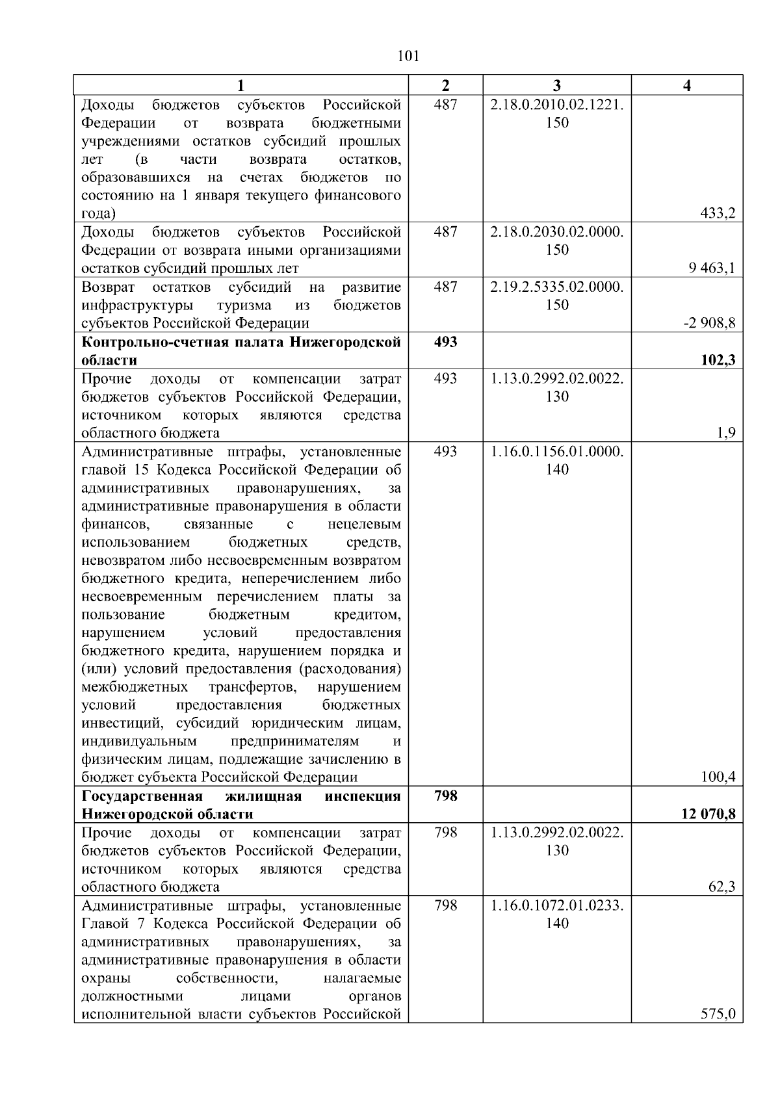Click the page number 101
pyautogui.click(x=408, y=57)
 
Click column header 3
pyautogui.click(x=557, y=85)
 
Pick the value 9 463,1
pyautogui.click(x=713, y=268)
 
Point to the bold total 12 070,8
pyautogui.click(x=708, y=814)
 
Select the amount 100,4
pyautogui.click(x=718, y=777)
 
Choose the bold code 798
pyautogui.click(x=445, y=796)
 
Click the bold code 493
pyautogui.click(x=445, y=342)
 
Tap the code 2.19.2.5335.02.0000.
pyautogui.click(x=557, y=287)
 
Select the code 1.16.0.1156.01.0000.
pyautogui.click(x=557, y=451)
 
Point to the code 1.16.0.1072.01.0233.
pyautogui.click(x=557, y=905)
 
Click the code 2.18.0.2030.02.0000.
pyautogui.click(x=557, y=232)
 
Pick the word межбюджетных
pyautogui.click(x=135, y=686)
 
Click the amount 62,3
pyautogui.click(x=721, y=887)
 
